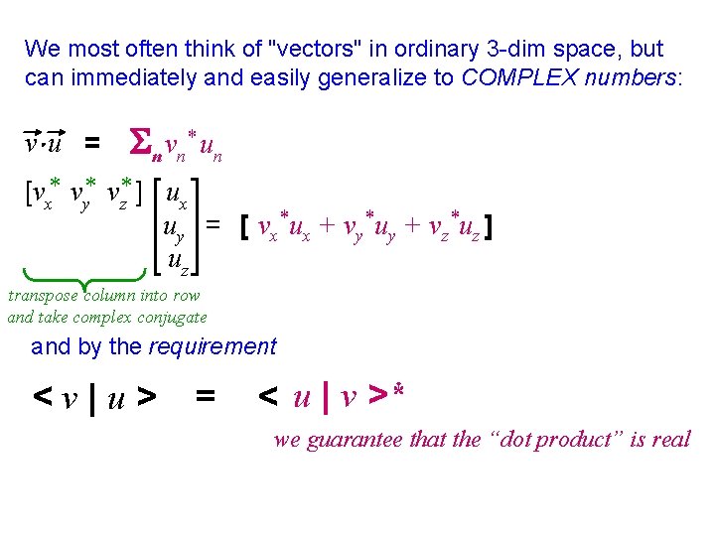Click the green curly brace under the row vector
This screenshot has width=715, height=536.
click(82, 278)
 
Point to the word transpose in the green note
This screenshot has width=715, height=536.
click(45, 295)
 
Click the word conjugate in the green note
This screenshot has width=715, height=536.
click(172, 317)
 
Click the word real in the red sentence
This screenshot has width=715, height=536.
click(671, 439)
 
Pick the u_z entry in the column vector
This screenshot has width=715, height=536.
click(178, 262)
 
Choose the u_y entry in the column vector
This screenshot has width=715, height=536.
click(177, 229)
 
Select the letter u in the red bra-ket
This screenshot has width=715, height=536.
click(302, 399)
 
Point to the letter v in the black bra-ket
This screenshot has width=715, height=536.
click(70, 399)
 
